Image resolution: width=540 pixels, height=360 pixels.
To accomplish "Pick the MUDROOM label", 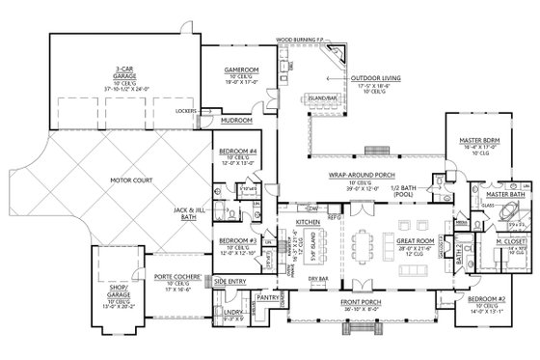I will point(236,121).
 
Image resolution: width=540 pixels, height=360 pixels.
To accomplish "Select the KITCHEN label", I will point(306,248).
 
